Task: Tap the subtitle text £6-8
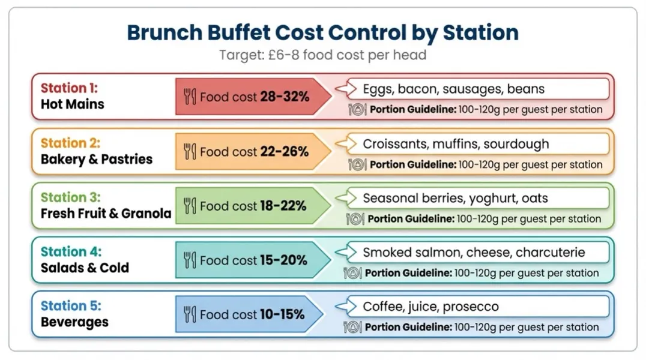pos(280,55)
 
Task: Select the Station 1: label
pos(69,88)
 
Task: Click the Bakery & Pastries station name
pos(97,159)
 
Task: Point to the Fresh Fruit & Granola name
pos(106,214)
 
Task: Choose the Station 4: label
pos(71,251)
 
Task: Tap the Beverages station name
pos(74,322)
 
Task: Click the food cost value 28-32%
pos(285,96)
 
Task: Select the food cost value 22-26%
pos(284,151)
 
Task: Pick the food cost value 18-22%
pos(283,206)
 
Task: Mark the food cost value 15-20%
pos(283,260)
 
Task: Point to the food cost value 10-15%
pos(282,314)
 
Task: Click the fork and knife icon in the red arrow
pos(190,96)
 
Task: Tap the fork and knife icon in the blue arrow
pos(190,314)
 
